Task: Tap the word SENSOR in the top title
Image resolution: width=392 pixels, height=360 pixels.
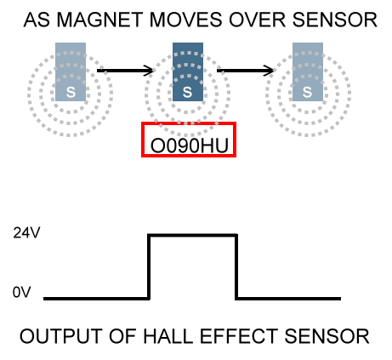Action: click(x=334, y=20)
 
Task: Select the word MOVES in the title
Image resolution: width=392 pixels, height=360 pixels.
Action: click(x=185, y=20)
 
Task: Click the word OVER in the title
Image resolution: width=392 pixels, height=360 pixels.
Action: click(x=257, y=20)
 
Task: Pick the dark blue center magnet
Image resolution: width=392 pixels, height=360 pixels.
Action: click(x=188, y=71)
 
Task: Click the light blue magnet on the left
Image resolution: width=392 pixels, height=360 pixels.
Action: click(x=71, y=71)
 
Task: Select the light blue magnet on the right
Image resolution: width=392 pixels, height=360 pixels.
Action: click(x=308, y=71)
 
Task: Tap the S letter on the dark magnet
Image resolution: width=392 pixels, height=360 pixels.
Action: click(x=187, y=92)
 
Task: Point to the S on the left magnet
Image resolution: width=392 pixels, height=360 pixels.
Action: click(x=71, y=92)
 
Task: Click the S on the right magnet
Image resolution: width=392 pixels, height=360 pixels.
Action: click(x=307, y=92)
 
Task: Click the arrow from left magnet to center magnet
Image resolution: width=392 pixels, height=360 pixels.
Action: click(x=125, y=71)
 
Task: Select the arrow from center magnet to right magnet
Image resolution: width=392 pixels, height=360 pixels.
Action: click(x=245, y=71)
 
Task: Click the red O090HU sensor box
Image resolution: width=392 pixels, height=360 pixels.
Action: click(x=189, y=123)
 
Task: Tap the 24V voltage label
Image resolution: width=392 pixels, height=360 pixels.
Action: click(x=26, y=233)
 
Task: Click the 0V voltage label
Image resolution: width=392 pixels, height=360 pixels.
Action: click(x=22, y=292)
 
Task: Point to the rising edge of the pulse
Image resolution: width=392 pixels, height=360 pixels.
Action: click(x=149, y=266)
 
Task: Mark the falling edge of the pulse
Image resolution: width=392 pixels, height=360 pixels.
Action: click(x=236, y=266)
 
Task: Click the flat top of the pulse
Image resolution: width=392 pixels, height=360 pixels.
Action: click(x=193, y=235)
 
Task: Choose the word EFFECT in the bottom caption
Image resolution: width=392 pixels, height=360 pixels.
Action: click(x=239, y=336)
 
